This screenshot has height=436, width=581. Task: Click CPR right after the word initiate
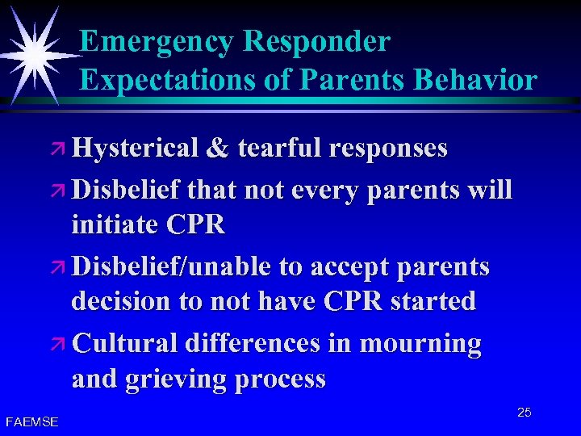tap(198, 225)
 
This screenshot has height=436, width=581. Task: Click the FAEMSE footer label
tap(31, 421)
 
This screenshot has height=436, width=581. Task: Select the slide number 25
tap(524, 413)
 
